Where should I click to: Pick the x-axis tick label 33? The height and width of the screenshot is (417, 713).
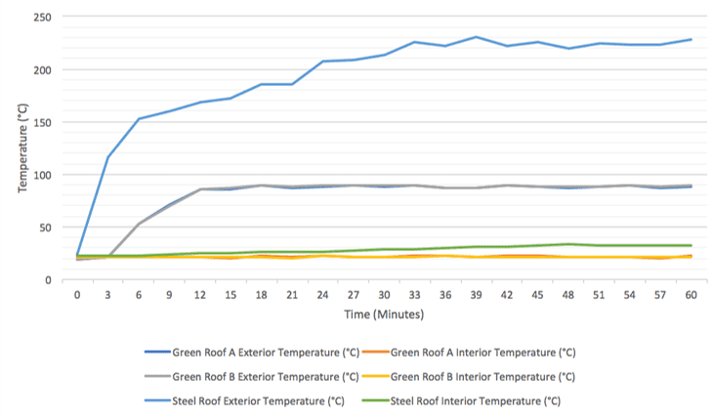414,294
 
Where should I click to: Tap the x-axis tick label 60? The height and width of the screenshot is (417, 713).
690,294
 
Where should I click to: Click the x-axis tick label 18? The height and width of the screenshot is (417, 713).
262,294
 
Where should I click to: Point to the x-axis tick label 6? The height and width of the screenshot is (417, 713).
139,294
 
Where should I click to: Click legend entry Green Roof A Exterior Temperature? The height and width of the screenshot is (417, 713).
253,353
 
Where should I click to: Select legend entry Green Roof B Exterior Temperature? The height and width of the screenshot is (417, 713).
253,376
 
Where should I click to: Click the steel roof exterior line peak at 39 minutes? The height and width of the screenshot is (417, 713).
476,37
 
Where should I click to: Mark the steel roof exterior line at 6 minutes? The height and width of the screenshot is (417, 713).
139,119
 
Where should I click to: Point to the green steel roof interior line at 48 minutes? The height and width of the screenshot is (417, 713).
567,244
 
